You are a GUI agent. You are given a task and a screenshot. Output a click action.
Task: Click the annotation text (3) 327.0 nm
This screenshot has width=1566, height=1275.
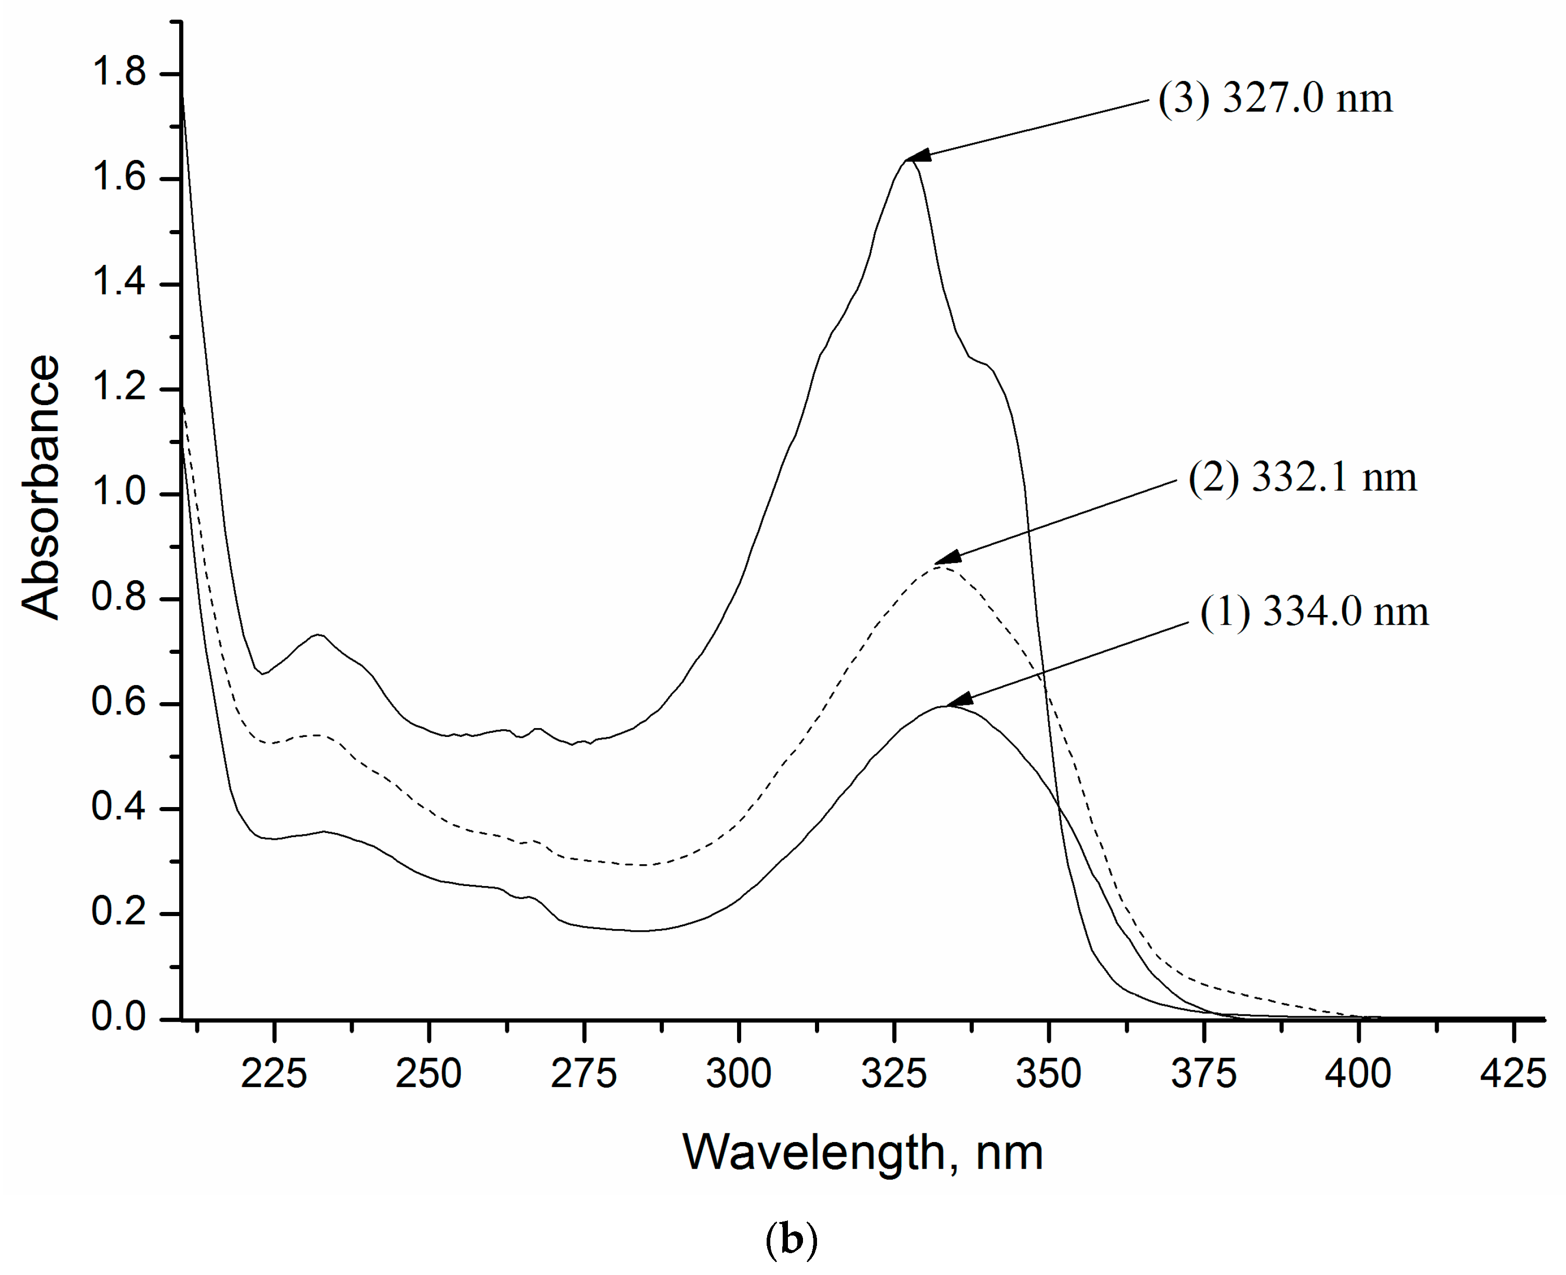pos(1275,98)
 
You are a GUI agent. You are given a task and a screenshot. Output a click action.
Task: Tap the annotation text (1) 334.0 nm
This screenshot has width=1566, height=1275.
pos(1314,612)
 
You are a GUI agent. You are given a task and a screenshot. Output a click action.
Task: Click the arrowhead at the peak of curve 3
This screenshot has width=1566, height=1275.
pos(919,156)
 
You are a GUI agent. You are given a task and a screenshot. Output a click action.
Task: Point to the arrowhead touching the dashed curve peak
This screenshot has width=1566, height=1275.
pos(947,558)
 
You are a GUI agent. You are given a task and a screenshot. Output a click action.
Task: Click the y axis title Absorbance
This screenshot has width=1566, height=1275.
pos(41,488)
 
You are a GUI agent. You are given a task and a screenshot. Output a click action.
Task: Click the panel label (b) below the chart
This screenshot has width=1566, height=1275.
pos(791,1240)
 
